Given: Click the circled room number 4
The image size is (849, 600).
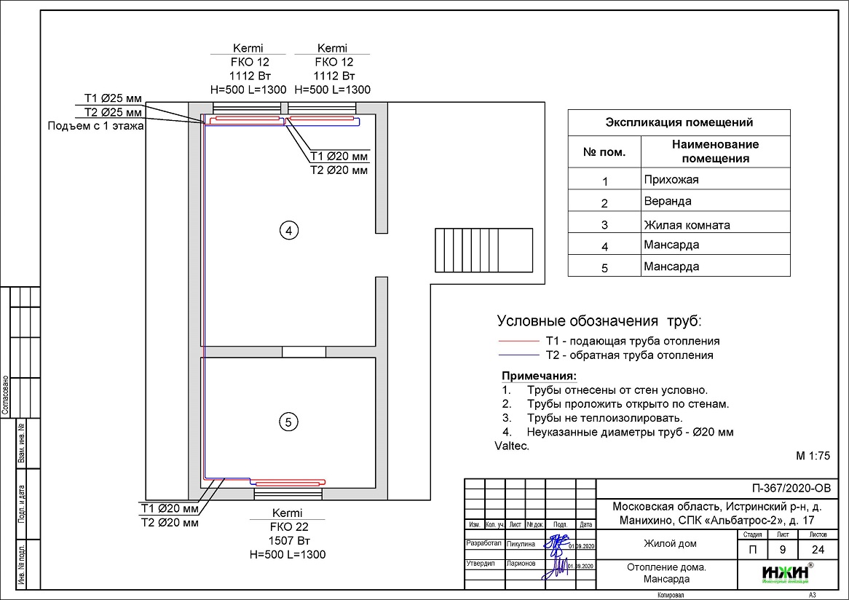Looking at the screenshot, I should tap(289, 231).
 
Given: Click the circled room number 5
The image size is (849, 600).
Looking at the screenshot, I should tap(289, 422).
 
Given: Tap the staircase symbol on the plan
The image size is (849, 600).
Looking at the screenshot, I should tap(464, 249).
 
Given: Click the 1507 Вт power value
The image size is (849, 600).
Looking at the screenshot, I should tap(287, 540).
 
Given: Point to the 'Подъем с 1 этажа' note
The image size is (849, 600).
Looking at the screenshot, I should tap(95, 126).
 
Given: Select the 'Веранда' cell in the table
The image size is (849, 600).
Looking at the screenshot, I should tap(667, 201).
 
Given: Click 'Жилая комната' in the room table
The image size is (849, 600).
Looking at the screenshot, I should tap(686, 224).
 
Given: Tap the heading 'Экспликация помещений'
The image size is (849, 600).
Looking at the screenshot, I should tap(679, 122).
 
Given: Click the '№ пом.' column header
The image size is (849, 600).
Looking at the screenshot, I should tap(604, 152).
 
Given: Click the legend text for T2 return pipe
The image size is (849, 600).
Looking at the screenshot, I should tap(629, 355).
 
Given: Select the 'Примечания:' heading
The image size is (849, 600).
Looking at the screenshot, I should tap(539, 376).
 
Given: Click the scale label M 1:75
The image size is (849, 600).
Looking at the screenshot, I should tap(813, 457).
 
